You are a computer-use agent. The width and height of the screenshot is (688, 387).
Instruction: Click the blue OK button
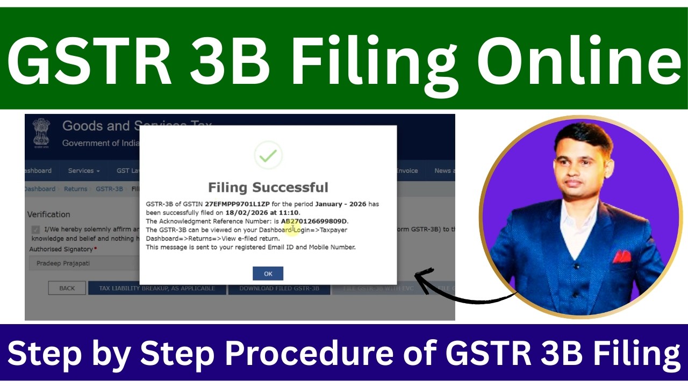tap(268, 274)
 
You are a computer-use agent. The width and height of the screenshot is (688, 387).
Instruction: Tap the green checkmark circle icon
tap(268, 156)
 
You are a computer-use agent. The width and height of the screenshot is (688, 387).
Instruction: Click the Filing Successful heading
tap(268, 188)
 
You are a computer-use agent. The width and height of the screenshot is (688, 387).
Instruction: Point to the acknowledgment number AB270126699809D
tap(314, 221)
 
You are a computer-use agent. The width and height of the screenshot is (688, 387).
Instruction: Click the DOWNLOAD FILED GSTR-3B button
tap(279, 288)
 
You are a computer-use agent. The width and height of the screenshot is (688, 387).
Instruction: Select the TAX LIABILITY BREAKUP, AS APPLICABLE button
tap(157, 288)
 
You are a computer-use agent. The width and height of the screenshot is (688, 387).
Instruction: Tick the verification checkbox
tap(35, 230)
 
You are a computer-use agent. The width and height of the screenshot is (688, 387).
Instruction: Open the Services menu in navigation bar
tap(84, 171)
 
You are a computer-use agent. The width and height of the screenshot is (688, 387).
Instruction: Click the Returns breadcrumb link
tap(75, 189)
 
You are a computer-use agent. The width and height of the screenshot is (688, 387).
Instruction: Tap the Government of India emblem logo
tap(41, 133)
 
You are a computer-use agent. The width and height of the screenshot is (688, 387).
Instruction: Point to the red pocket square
tap(622, 255)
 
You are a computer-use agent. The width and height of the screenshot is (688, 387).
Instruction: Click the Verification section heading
tap(49, 214)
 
